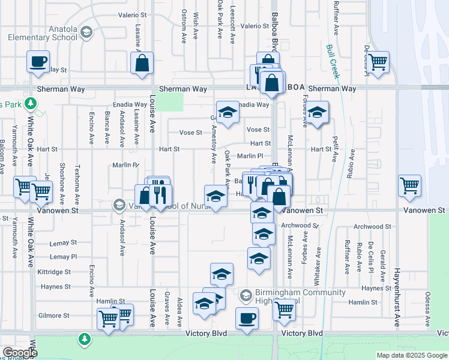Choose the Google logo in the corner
coord(19,352)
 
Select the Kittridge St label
coord(55,272)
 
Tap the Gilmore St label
coord(54,315)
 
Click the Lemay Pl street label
coord(64,256)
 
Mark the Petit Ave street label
coord(334,149)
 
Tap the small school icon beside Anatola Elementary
coord(86,32)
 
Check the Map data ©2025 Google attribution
coord(411,355)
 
